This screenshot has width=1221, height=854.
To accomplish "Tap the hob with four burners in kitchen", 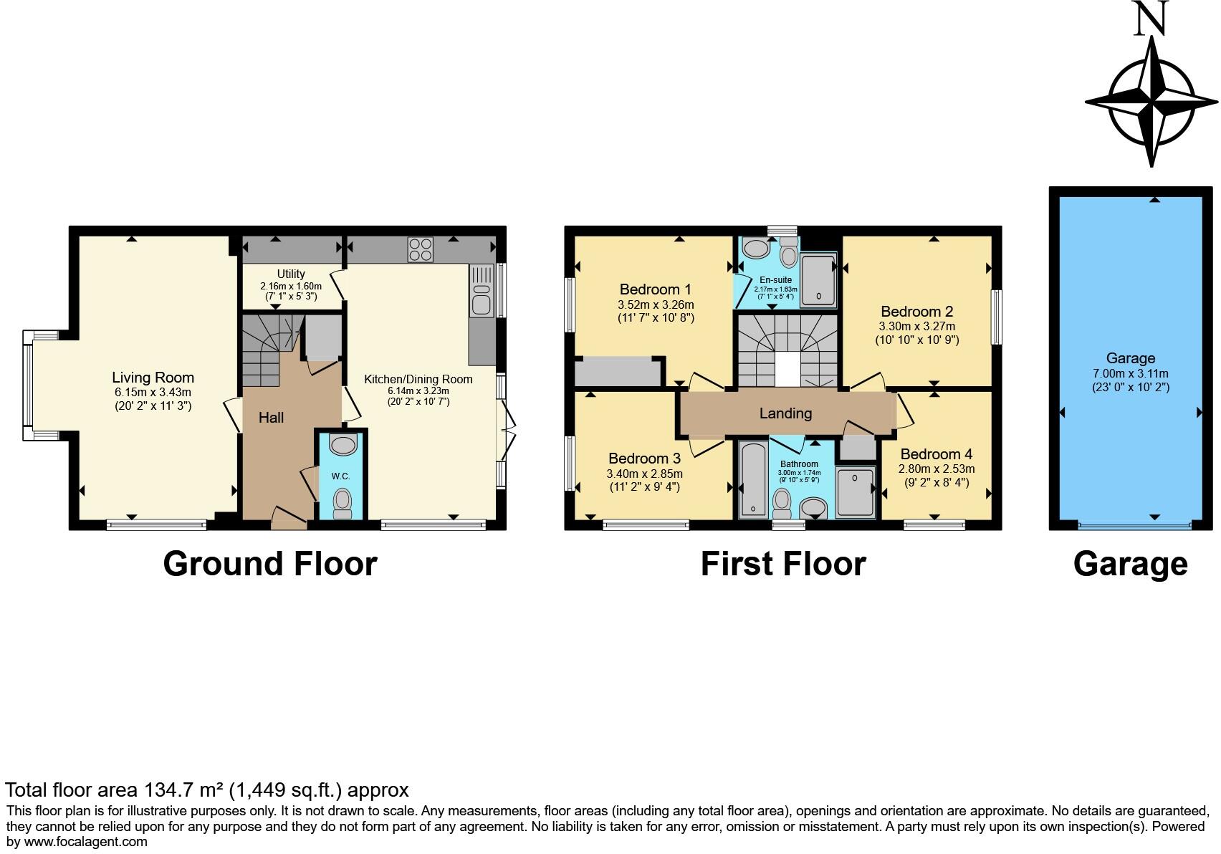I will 421,249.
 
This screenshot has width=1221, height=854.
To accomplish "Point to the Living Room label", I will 153,378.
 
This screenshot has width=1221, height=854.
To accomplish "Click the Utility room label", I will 291,274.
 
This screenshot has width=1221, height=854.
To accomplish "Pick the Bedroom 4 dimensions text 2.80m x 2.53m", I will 937,469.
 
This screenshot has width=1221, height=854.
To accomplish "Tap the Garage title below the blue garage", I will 1130,564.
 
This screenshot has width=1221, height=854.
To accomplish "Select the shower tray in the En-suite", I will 818,279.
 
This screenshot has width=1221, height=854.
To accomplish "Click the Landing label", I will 785,413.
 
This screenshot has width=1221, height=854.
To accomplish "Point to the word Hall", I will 271,418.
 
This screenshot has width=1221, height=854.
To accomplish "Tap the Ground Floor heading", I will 269,564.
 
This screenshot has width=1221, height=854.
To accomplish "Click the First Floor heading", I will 782,564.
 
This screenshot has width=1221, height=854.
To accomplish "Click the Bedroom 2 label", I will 916,312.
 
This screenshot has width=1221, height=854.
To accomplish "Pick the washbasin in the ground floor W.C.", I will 343,445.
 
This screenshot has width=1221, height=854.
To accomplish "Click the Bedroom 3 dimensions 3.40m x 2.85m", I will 644,474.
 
